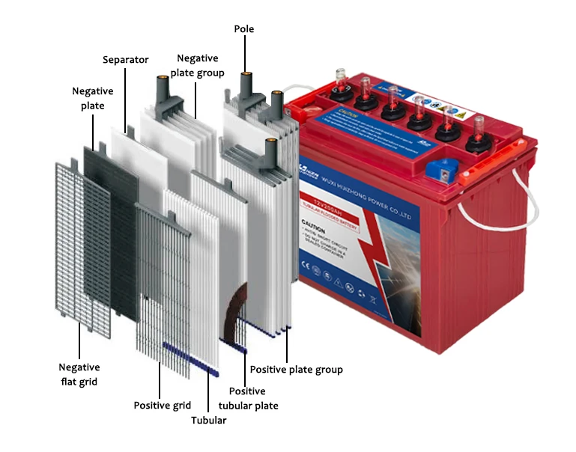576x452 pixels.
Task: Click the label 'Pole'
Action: click(x=244, y=29)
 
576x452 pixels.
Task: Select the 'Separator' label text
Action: click(x=125, y=59)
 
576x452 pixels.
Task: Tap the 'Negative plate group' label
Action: click(x=197, y=64)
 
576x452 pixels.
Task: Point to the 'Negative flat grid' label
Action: click(x=79, y=374)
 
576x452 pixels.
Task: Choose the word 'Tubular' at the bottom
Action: click(x=208, y=421)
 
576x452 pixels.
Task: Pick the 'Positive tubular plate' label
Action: click(x=247, y=398)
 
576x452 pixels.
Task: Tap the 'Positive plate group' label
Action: click(x=296, y=370)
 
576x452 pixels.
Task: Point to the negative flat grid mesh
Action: click(x=82, y=247)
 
